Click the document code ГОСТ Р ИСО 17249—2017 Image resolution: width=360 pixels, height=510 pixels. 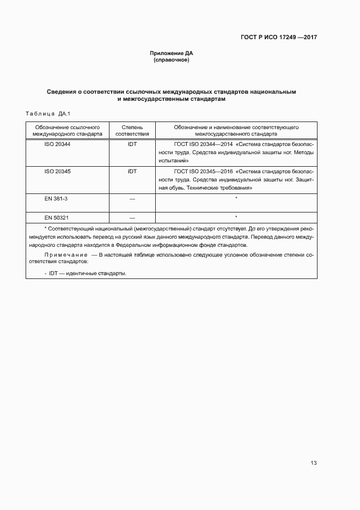tap(279, 38)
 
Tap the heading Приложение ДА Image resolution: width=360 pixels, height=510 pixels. tap(172, 53)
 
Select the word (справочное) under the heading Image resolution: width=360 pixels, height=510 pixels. tap(172, 60)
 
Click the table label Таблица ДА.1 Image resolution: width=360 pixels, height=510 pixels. tap(45, 113)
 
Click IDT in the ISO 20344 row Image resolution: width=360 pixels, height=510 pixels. tap(132, 144)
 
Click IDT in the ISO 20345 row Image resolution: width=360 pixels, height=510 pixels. tap(132, 171)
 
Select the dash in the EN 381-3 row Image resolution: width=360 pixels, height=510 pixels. tap(132, 199)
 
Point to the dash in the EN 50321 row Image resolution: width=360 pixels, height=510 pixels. tap(132, 218)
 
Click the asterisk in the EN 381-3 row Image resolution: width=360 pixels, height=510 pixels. tap(236, 199)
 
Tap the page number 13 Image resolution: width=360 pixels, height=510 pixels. tap(313, 463)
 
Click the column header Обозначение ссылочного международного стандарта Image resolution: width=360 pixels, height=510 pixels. tap(67, 130)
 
